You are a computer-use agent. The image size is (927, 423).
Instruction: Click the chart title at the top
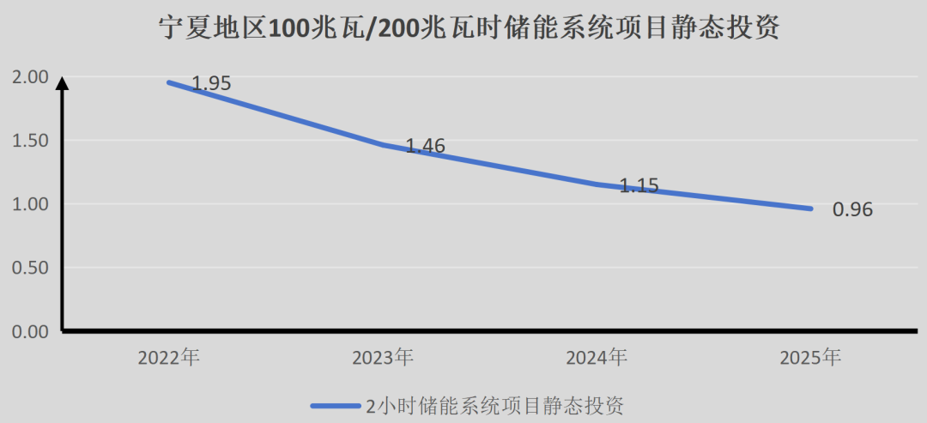click(x=470, y=29)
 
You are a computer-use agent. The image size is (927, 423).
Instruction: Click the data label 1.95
click(x=211, y=83)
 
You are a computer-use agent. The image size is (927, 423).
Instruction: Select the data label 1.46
click(x=425, y=146)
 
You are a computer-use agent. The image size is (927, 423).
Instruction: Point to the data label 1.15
click(x=639, y=184)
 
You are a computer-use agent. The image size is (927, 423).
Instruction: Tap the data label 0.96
click(x=852, y=209)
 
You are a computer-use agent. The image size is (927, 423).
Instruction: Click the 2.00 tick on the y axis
click(x=30, y=77)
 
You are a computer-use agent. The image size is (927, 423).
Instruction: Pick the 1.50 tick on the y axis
click(x=30, y=141)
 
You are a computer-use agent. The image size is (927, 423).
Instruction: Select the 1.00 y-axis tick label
click(x=30, y=204)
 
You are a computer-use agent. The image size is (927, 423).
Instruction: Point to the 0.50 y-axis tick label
click(x=30, y=268)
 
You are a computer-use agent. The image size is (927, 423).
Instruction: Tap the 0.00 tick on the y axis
click(x=30, y=331)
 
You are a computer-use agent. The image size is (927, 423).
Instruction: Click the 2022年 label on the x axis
click(x=169, y=357)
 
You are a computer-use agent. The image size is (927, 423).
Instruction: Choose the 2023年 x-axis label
click(x=383, y=357)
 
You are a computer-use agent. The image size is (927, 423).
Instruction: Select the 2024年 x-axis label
click(x=597, y=357)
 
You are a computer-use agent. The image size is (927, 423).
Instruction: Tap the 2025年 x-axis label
click(x=810, y=357)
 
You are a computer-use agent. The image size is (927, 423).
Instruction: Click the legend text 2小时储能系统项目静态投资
click(x=494, y=404)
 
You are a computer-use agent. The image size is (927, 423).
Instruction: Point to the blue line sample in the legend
click(x=336, y=405)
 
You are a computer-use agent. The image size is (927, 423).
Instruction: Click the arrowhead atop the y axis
click(x=62, y=82)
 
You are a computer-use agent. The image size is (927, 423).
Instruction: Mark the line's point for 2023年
click(x=384, y=144)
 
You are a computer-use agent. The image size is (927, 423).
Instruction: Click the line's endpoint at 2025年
click(x=810, y=208)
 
